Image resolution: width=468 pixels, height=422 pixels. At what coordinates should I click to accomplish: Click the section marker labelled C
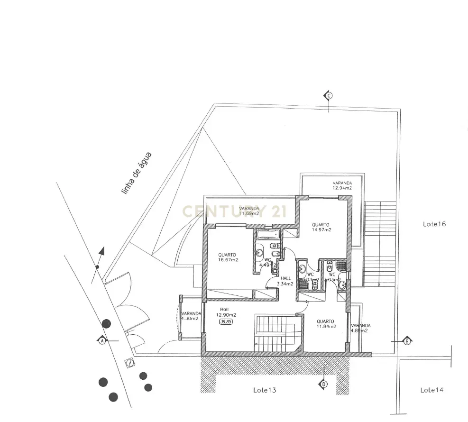[x=328, y=95]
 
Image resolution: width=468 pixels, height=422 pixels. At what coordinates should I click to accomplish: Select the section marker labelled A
[x=101, y=340]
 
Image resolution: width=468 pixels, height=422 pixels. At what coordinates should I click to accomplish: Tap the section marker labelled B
[x=406, y=341]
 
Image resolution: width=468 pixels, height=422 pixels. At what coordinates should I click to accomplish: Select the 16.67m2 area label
[x=228, y=260]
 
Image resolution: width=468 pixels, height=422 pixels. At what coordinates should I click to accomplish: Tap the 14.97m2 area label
[x=321, y=229]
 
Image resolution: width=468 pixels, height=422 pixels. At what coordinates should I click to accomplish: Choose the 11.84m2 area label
[x=326, y=326]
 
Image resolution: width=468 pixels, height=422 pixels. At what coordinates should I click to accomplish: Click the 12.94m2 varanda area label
[x=342, y=188]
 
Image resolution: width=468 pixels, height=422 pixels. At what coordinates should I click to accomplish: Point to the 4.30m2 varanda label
[x=189, y=318]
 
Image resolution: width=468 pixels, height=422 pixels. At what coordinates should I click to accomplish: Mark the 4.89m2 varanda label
[x=360, y=330]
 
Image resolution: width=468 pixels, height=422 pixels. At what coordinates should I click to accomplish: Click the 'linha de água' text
[x=136, y=174]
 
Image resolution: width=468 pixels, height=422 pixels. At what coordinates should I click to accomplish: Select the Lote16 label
[x=434, y=223]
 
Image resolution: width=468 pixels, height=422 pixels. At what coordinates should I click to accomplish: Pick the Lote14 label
[x=431, y=390]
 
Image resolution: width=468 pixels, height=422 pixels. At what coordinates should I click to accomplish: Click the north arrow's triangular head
[x=101, y=251]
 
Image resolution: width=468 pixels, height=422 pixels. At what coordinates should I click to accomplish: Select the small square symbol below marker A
[x=129, y=362]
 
